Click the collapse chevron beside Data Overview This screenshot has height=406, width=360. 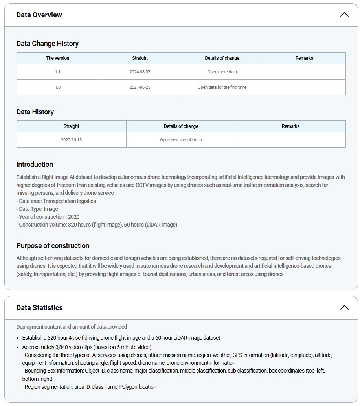point(344,15)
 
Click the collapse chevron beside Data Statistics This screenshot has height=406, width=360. point(344,307)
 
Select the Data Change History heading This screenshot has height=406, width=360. point(48,44)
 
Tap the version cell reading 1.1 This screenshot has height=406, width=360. point(58,72)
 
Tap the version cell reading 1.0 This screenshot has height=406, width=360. point(58,87)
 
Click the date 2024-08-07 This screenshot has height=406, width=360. point(140,72)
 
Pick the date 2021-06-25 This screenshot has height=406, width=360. point(140,87)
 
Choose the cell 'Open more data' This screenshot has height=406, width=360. point(222,72)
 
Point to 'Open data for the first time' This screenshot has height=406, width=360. point(222,87)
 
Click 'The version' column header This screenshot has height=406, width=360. point(58,58)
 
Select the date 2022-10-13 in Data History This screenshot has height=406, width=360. point(72,140)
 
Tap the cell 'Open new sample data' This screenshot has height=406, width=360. point(181,140)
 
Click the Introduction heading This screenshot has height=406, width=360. point(35,165)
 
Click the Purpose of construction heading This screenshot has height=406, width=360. point(53,246)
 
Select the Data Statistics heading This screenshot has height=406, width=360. point(39,308)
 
